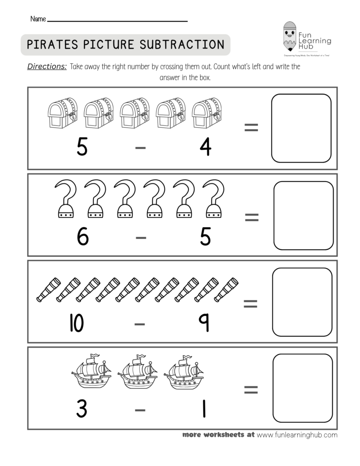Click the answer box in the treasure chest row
pyautogui.click(x=301, y=128)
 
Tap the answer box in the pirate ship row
pyautogui.click(x=303, y=388)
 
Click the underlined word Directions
pyautogui.click(x=47, y=67)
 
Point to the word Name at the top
pyautogui.click(x=38, y=19)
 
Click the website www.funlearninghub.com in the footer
pyautogui.click(x=297, y=435)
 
